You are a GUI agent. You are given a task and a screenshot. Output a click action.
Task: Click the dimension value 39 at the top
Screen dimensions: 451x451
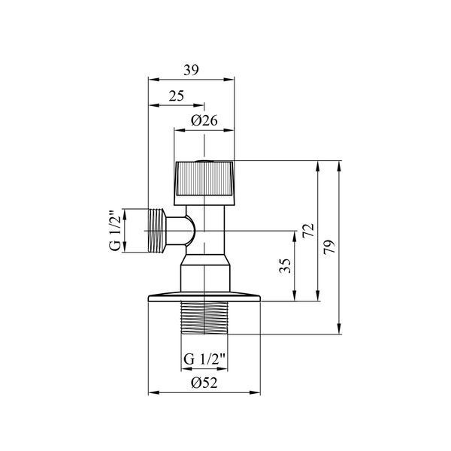coord(191,70)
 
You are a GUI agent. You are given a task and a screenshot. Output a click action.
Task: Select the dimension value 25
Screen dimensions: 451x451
coord(177,96)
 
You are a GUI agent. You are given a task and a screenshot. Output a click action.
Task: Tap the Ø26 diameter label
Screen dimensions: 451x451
coord(204,120)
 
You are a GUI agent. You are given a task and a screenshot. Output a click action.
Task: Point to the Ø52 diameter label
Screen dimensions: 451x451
coord(204,383)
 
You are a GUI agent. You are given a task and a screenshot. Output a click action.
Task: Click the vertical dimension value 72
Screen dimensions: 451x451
coord(308,231)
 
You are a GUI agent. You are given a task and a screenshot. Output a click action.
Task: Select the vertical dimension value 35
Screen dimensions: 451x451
coord(286,266)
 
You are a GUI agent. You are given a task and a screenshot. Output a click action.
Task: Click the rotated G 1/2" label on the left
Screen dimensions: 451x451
coord(115,231)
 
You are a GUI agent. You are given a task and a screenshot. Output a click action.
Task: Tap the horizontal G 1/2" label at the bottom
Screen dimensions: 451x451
coord(204,359)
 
